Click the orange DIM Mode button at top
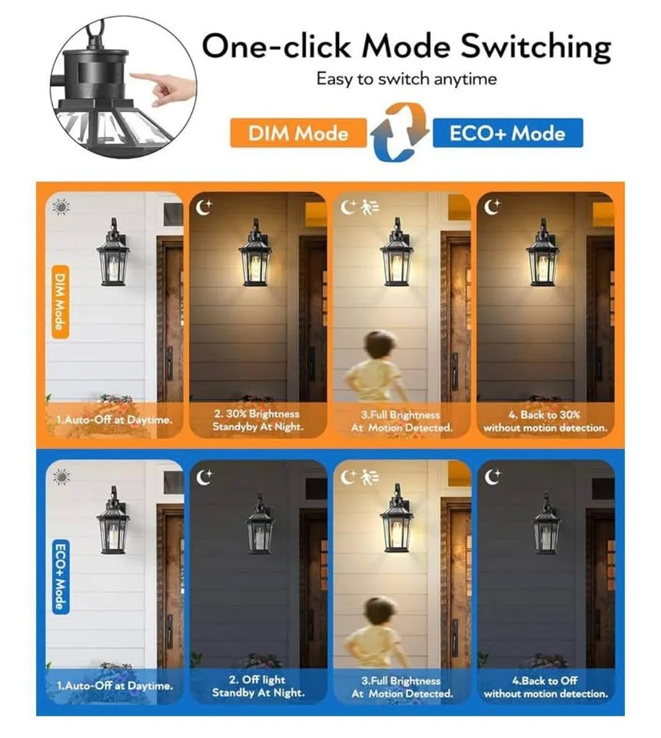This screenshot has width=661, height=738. pos(298,133)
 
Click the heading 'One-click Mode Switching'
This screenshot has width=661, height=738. pos(406,47)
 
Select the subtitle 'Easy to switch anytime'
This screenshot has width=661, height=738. pos(406,79)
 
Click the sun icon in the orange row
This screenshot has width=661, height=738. pos(61,207)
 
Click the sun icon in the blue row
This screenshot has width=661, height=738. pos(61,476)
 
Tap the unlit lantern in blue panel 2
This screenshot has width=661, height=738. pos(260,527)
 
